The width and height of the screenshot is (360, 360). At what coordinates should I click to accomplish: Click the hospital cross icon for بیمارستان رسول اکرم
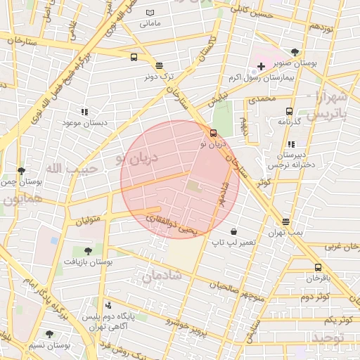click(x=262, y=66)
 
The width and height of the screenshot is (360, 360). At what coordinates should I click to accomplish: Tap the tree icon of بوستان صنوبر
click(x=295, y=51)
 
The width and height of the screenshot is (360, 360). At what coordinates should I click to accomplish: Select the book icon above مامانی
click(x=150, y=13)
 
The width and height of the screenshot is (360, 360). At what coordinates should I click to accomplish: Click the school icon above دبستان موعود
click(x=84, y=111)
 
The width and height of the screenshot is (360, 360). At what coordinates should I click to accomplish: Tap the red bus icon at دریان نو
click(x=214, y=133)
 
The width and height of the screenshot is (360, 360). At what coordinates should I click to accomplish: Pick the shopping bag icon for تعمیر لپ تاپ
click(x=233, y=231)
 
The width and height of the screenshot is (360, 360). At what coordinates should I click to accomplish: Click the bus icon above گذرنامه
click(x=289, y=111)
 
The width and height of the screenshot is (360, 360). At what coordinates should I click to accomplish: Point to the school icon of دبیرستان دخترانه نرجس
click(x=292, y=144)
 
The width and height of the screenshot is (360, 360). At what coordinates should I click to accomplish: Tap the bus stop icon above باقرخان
click(x=318, y=267)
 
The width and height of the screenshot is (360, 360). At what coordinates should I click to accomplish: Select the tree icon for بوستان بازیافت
click(x=88, y=251)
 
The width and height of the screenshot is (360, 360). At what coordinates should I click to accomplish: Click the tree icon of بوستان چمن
click(x=21, y=171)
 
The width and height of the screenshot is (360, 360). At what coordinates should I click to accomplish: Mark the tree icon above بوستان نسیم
click(x=49, y=334)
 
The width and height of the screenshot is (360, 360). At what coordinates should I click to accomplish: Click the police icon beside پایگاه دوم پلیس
click(x=108, y=306)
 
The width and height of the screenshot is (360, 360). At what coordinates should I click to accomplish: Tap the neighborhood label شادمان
click(x=162, y=276)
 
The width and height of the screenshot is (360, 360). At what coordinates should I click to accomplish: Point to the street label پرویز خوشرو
click(x=186, y=326)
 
